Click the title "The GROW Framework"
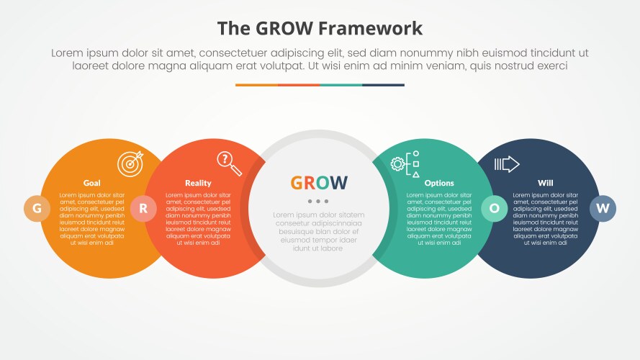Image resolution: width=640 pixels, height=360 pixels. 320,28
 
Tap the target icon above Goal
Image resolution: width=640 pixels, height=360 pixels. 130,162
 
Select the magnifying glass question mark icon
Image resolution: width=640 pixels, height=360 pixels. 230,163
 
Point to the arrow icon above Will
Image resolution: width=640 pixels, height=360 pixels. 507,164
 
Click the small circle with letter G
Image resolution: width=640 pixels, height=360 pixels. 37,209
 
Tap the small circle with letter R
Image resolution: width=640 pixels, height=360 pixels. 143,209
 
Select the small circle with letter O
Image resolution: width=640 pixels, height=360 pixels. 494,209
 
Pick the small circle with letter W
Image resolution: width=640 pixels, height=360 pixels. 603,209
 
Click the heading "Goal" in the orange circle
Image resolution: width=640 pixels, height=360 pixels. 92,183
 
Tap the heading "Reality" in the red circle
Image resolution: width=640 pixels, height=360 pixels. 198,183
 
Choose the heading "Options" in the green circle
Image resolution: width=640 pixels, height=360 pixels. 439,183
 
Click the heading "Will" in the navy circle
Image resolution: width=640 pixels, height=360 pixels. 546,183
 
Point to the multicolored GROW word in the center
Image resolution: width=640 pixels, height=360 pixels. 319,183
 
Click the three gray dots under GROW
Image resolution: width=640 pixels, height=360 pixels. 319,201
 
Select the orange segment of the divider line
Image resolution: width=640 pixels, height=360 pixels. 256,85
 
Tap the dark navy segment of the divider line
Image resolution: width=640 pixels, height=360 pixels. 383,85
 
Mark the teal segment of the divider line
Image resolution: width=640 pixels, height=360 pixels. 341,85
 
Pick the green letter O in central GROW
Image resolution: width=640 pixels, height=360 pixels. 323,183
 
